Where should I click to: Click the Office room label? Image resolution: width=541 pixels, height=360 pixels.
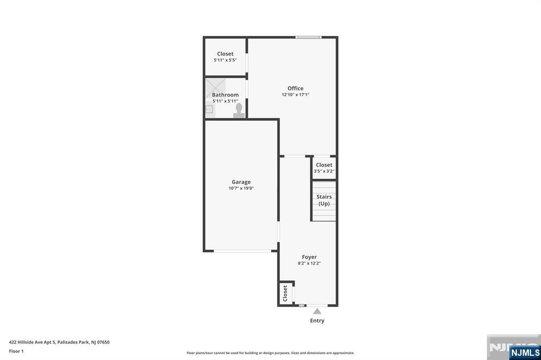[x=295, y=88]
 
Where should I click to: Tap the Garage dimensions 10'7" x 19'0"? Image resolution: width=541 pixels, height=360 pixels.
[x=241, y=188]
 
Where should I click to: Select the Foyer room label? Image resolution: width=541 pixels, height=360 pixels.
[x=309, y=257]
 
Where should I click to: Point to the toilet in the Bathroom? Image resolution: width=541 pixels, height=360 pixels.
[x=239, y=111]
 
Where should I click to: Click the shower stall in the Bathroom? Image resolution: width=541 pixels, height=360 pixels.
[x=216, y=88]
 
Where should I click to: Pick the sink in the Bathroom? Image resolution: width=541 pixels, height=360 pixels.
[x=209, y=110]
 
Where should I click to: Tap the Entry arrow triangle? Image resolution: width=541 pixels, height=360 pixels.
[x=317, y=311]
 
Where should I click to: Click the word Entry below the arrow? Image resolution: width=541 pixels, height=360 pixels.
[x=317, y=321]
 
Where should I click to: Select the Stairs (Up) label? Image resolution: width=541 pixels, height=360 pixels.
[x=324, y=200]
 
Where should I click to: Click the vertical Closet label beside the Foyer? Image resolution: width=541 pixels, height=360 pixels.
[x=285, y=293]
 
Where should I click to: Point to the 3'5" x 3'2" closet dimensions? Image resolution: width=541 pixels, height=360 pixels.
[x=324, y=171]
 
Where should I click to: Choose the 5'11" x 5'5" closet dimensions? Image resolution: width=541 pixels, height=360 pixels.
[x=225, y=60]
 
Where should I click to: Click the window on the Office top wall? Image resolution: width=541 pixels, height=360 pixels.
[x=309, y=37]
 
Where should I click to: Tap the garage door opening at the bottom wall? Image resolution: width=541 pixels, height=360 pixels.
[x=242, y=251]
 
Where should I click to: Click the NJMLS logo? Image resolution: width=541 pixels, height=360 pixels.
[x=525, y=353]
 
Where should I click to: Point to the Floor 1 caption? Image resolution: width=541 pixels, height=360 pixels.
[x=16, y=351]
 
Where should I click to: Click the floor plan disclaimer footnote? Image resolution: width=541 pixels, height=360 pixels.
[x=270, y=353]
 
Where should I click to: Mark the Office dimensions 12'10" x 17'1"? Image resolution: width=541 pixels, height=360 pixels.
[x=295, y=94]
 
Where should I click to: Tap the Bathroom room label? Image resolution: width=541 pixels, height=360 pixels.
[x=225, y=95]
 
